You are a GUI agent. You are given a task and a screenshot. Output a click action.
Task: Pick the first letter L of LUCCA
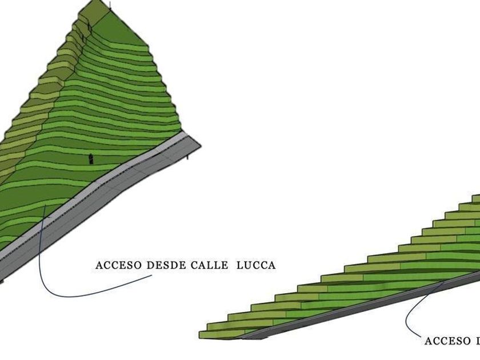tap(239, 265)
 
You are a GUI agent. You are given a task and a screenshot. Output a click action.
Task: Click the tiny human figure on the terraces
tap(90, 158)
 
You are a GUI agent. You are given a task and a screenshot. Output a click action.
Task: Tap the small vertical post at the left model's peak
tap(110, 5)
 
